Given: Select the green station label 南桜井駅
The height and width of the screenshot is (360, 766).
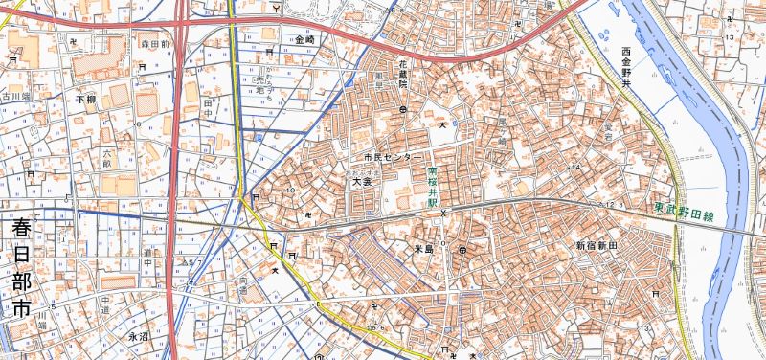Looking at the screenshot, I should tap(432, 189).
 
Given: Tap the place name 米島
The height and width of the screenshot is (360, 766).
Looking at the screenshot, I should tap(424, 247).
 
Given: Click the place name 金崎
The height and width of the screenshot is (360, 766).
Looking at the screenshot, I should tap(305, 40).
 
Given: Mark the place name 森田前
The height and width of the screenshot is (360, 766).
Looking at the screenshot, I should tap(154, 44).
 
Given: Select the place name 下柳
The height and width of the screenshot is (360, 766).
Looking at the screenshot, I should tap(85, 100).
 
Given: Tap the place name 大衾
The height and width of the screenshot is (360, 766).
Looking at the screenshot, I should tap(361, 180).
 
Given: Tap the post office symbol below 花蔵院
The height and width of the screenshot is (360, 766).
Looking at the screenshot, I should tap(403, 110).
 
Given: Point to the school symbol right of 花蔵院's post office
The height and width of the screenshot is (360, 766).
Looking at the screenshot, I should tap(441, 124).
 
